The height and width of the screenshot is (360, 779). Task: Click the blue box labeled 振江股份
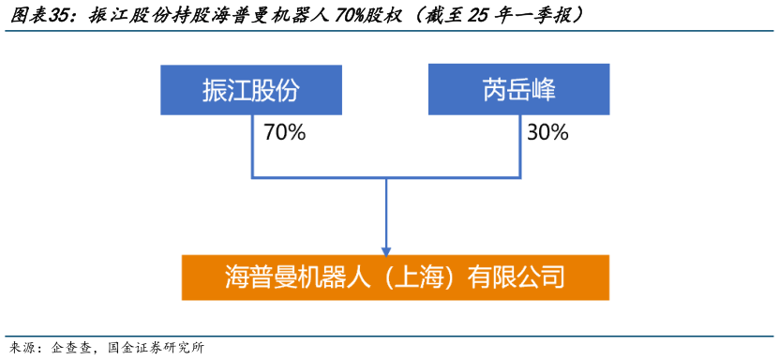tap(251, 90)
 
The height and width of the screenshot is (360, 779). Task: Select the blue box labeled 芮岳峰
tap(519, 90)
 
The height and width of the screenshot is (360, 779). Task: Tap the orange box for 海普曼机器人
tap(395, 277)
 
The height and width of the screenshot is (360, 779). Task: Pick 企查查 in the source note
tap(71, 347)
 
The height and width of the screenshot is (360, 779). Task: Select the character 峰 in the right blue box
tap(544, 90)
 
